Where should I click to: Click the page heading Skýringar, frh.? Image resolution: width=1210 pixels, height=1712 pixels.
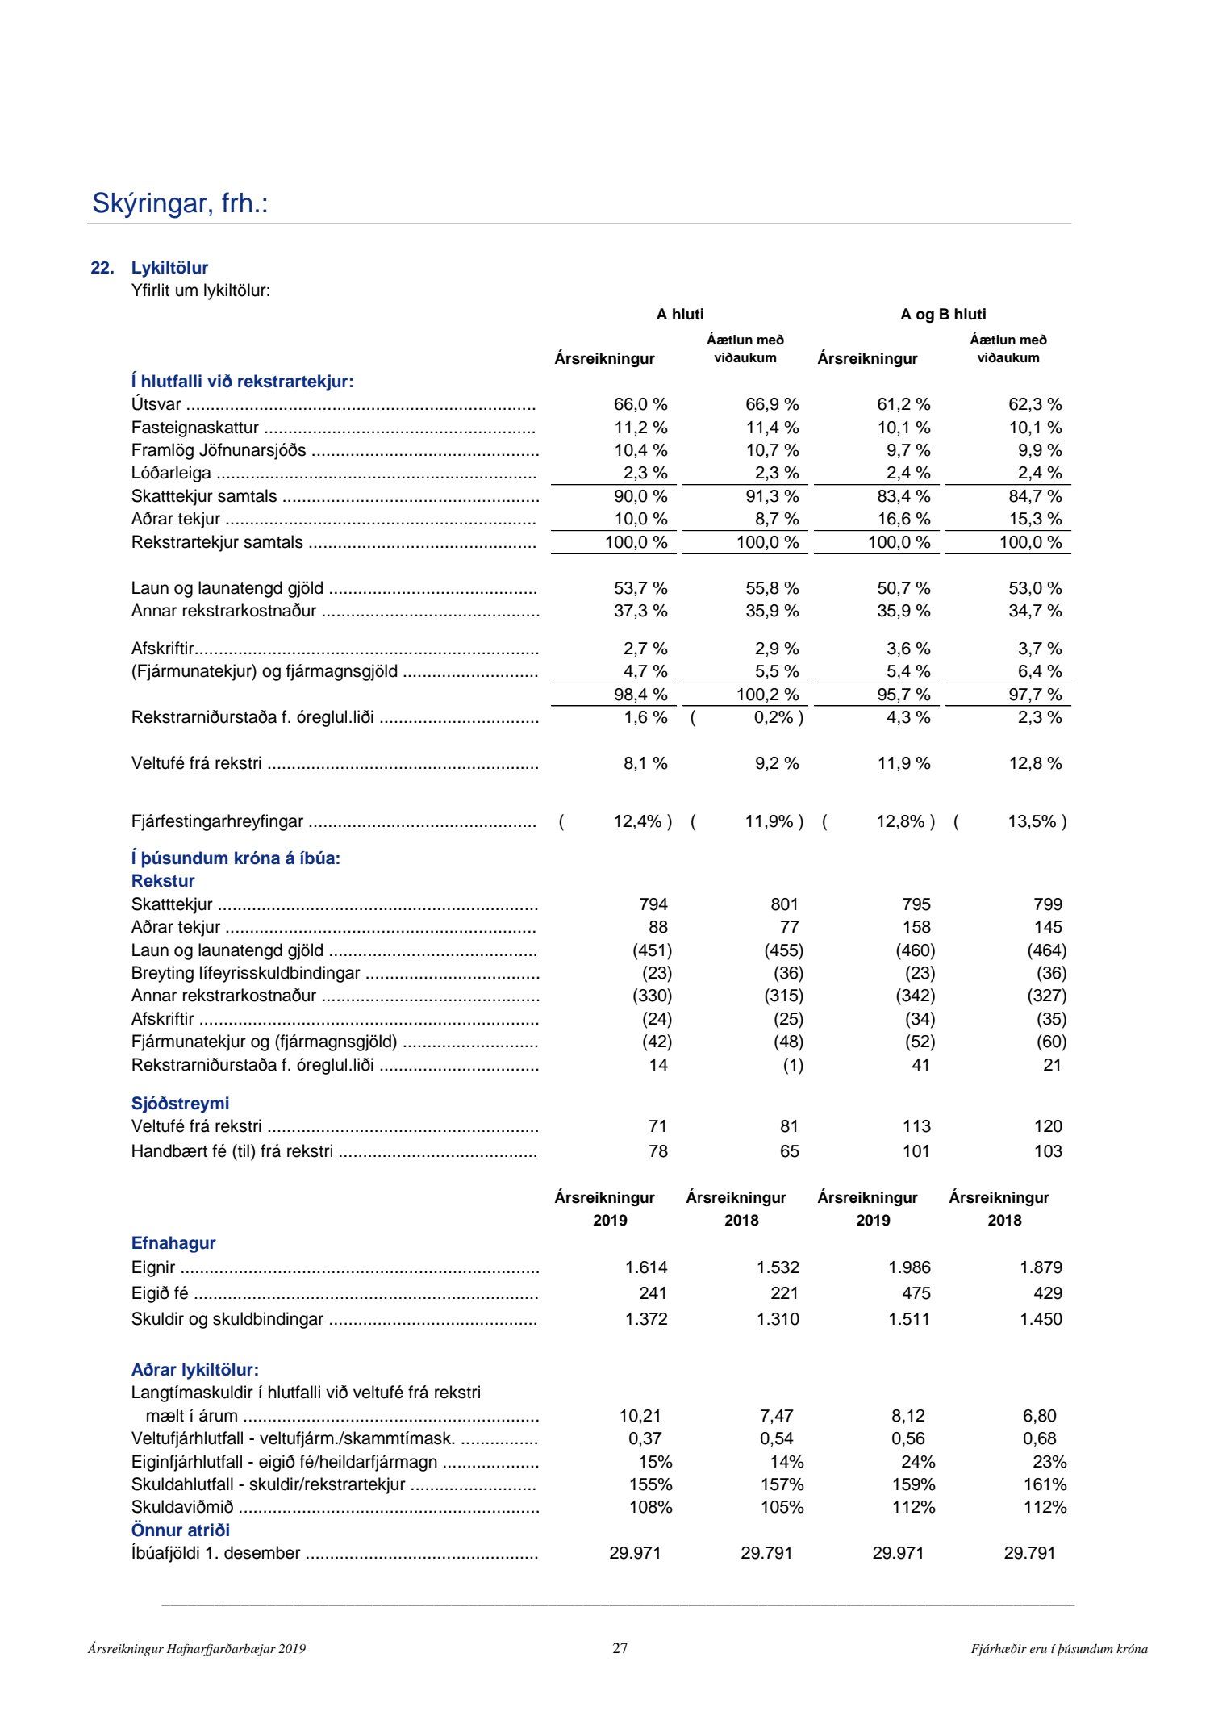(180, 203)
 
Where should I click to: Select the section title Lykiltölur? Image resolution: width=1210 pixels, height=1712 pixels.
(169, 268)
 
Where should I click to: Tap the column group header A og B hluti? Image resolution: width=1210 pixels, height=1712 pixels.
(943, 315)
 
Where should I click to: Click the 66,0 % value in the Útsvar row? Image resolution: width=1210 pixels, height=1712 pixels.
(640, 405)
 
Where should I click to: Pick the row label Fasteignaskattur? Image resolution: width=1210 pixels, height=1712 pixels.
(195, 428)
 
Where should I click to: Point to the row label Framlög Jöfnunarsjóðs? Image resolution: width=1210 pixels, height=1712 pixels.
(219, 450)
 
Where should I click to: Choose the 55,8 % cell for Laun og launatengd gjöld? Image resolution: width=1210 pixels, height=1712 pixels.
(772, 588)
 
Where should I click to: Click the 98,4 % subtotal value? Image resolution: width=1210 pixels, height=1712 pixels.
(640, 695)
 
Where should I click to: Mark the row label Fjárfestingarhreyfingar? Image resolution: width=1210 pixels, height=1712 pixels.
(217, 821)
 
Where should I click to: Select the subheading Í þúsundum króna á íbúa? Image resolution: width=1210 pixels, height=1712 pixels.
(236, 858)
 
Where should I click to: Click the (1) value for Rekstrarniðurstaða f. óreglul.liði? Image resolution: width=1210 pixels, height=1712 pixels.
(793, 1065)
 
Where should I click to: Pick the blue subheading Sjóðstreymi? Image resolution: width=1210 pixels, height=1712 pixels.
(180, 1103)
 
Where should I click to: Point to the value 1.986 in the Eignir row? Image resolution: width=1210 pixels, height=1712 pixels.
(909, 1267)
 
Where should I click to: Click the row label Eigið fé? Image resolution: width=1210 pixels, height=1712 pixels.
(160, 1293)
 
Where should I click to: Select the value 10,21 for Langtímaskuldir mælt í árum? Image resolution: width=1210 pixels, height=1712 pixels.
(640, 1416)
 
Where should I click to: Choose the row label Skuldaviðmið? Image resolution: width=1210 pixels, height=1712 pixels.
(182, 1507)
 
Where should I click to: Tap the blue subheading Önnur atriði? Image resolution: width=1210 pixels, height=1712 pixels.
(181, 1530)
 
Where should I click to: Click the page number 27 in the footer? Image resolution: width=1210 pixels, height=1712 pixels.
(620, 1648)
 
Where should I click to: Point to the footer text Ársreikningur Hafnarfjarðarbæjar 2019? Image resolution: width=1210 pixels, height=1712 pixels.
(197, 1649)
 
